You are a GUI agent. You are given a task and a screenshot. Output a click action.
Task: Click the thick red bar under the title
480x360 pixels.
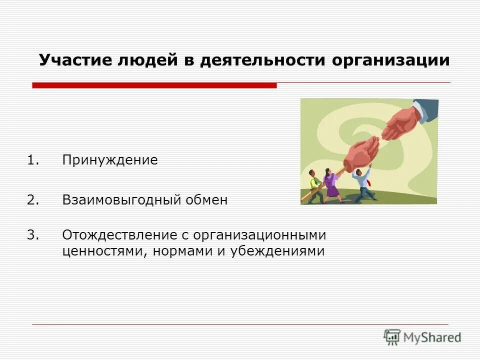click(154, 85)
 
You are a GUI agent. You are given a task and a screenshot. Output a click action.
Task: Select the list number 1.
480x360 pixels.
click(32, 160)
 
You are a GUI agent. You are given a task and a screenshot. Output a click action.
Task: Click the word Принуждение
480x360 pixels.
click(110, 160)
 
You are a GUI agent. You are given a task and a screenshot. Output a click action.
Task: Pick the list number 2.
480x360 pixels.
click(32, 200)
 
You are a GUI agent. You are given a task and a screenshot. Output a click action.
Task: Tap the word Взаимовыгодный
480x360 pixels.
click(119, 200)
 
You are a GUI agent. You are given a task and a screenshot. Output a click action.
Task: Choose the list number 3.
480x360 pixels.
click(32, 234)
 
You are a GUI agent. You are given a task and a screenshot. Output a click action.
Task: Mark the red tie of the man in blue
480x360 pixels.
click(368, 182)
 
